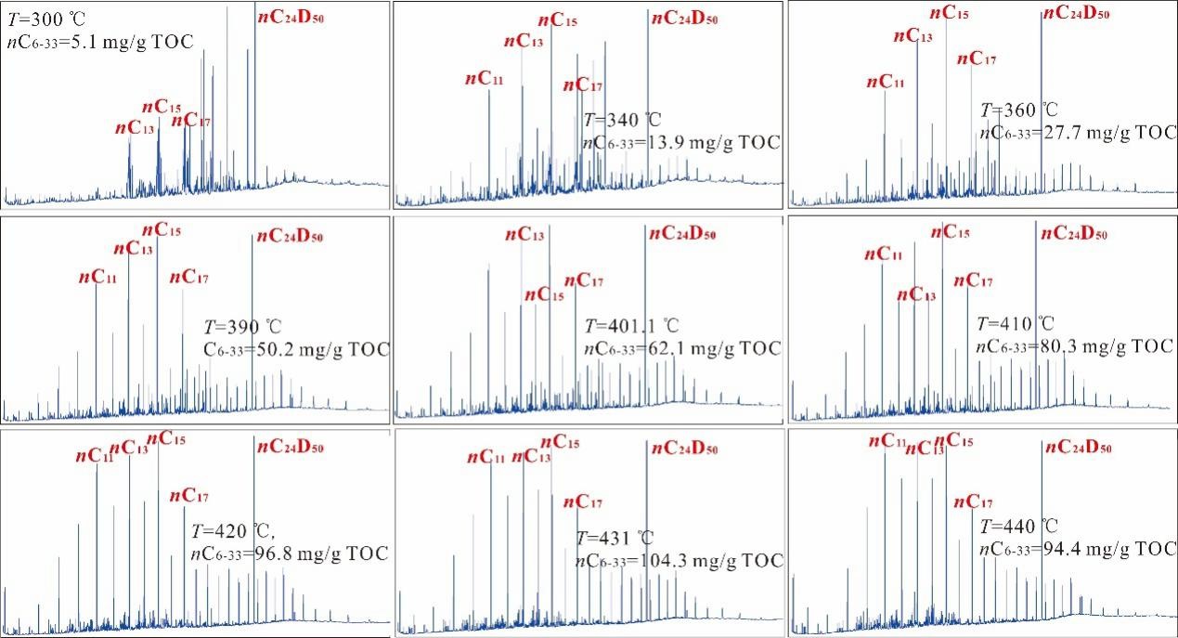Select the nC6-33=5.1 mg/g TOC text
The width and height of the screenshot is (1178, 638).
tap(105, 41)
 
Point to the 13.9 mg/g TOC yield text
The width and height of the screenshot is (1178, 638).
tap(682, 142)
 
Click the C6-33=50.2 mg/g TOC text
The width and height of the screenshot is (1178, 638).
tap(296, 349)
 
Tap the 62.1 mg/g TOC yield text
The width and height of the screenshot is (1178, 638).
tap(683, 348)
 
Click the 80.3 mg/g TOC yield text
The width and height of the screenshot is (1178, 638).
tap(1076, 345)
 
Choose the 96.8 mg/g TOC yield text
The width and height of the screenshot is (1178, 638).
tap(289, 554)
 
